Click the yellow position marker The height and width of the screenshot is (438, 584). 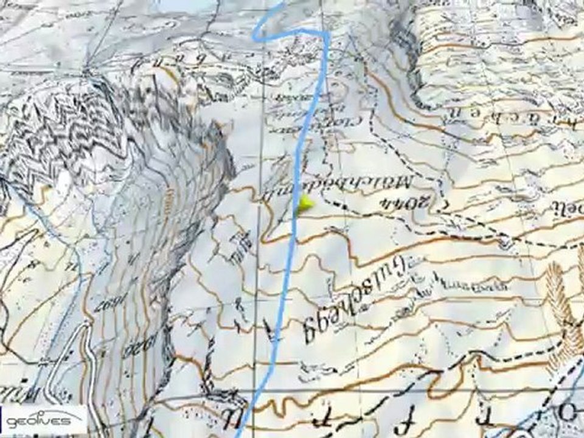click(x=304, y=204)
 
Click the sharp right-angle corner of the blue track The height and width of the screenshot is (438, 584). click(x=327, y=33)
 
